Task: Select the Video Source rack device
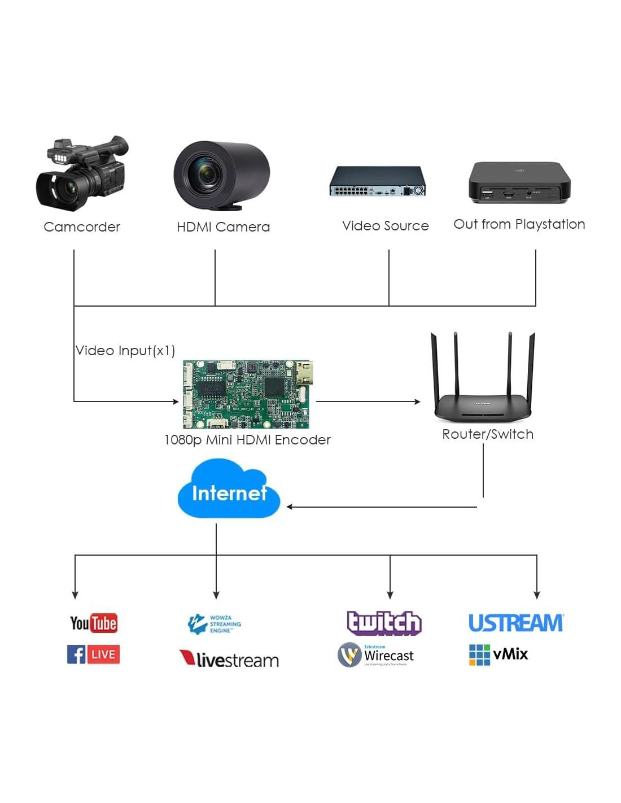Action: tap(378, 181)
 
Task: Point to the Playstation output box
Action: tap(519, 182)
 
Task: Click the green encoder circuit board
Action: tap(247, 394)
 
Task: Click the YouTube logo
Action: tap(94, 623)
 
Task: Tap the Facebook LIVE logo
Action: tap(94, 654)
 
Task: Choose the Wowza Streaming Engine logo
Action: tap(215, 624)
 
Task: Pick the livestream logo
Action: tap(229, 659)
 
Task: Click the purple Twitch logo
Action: tap(384, 622)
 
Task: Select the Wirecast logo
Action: tap(376, 655)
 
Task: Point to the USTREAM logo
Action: tap(516, 623)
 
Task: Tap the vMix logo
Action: tap(498, 654)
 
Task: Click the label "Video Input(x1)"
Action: tap(125, 351)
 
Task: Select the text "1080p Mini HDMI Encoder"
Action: tap(247, 440)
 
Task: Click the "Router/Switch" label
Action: tap(488, 434)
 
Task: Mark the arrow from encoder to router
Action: tap(368, 401)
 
